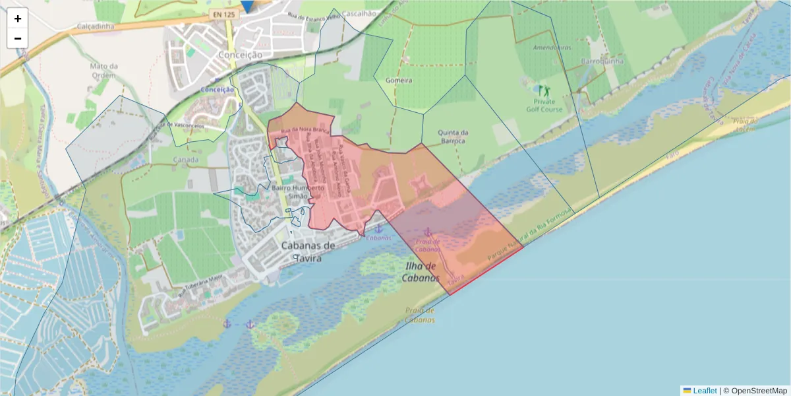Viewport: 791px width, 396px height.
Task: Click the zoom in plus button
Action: [x=18, y=18]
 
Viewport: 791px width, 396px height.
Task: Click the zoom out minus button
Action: [x=18, y=38]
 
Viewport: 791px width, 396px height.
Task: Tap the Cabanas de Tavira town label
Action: [x=308, y=251]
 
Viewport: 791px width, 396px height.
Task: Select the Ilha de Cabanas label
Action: [x=421, y=272]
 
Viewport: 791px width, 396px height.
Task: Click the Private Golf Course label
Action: [x=544, y=106]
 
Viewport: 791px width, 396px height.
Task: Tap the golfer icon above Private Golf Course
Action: [x=544, y=90]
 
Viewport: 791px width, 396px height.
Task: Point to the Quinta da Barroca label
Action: [x=452, y=136]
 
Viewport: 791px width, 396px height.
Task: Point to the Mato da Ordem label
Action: [x=104, y=71]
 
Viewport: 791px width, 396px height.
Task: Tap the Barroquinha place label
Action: [x=599, y=61]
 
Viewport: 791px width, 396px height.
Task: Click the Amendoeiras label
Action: [x=552, y=48]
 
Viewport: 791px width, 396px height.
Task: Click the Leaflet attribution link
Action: [x=704, y=391]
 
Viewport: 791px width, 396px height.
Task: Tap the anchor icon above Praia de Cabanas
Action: [x=428, y=232]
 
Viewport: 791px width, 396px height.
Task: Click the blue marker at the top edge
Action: [x=247, y=5]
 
